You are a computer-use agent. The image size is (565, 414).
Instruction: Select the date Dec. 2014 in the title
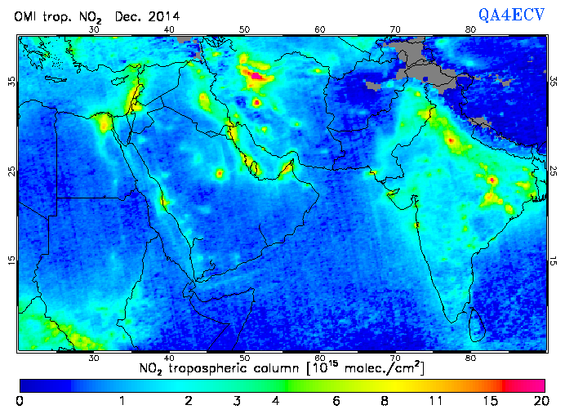[147, 16]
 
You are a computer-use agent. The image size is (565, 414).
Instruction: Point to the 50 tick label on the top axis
[244, 29]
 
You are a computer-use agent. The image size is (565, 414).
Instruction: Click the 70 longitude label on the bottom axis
[395, 358]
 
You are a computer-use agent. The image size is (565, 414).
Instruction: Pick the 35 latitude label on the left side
[11, 82]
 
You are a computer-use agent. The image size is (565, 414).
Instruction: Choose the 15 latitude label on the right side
[553, 260]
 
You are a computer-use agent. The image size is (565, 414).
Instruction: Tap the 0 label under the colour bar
[19, 401]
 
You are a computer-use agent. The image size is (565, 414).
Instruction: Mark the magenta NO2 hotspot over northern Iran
[256, 76]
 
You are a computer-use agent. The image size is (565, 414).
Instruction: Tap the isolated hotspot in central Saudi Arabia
[219, 173]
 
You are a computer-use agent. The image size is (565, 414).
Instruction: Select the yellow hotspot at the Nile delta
[105, 123]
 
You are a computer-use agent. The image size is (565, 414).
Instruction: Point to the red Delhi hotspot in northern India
[451, 140]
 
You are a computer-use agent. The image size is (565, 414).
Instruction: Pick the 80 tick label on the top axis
[470, 29]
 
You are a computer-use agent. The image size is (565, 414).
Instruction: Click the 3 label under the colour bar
[236, 401]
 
